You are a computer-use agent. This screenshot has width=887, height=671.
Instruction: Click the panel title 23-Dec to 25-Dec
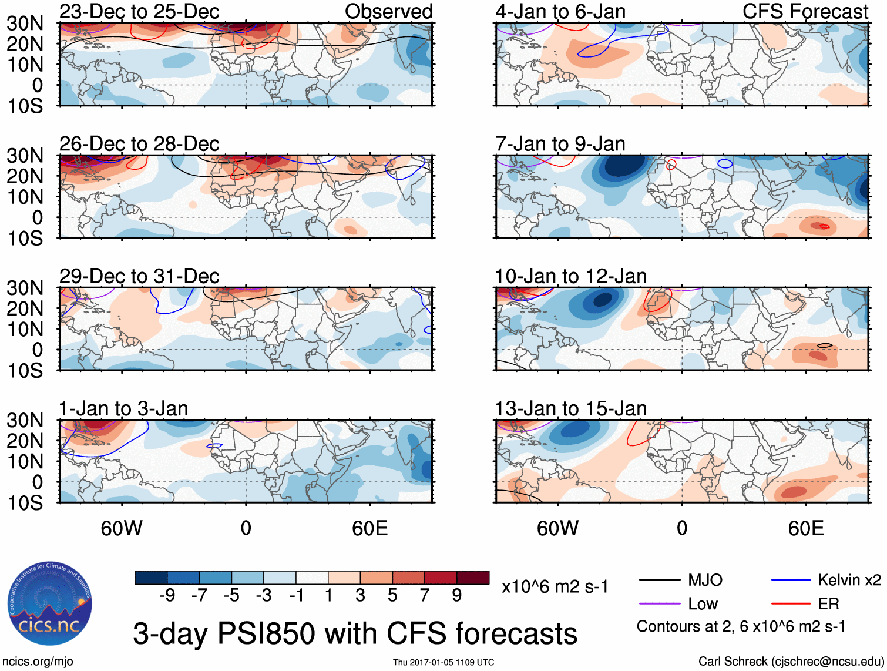point(139,11)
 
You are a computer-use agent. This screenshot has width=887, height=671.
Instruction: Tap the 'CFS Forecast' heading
point(805,11)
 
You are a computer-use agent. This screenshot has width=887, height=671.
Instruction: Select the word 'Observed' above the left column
point(388,11)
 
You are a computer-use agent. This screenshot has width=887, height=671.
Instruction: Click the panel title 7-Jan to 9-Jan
point(560,143)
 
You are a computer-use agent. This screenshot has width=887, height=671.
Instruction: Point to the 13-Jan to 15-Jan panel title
point(570,408)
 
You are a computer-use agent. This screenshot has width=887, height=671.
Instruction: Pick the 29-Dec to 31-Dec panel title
point(139,276)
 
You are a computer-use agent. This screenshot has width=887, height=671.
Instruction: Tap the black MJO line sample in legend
point(659,580)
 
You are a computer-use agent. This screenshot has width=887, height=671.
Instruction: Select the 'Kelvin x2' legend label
point(849,580)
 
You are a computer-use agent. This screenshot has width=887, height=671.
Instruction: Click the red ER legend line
point(790,603)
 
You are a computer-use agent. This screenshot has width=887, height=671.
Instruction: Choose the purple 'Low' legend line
point(659,603)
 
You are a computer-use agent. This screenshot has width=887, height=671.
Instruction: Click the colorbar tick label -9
point(167,595)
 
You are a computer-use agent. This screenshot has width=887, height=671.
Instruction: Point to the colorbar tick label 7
point(425,595)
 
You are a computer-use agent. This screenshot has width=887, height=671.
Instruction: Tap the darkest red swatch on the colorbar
point(473,578)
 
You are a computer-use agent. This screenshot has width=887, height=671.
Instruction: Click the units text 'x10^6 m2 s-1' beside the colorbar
point(555,586)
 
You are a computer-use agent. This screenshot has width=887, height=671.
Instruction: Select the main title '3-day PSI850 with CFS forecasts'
point(355,633)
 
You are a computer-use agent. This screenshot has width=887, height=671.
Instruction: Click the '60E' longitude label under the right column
point(805,528)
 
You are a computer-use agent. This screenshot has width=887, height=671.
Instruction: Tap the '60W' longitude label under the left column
point(122,528)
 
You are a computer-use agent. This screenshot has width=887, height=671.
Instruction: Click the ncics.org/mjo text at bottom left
point(38,661)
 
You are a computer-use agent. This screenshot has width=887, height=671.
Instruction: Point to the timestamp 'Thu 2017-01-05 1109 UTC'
point(443,662)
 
